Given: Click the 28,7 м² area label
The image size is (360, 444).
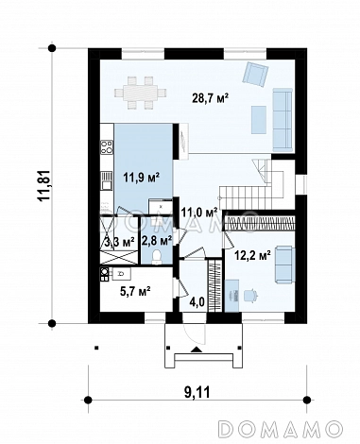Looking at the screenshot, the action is tap(210, 98).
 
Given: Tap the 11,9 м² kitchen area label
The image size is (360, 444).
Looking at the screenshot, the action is tap(141, 178).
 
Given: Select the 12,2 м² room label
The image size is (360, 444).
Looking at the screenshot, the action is tap(253, 255).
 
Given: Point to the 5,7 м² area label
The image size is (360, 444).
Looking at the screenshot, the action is tap(135, 292).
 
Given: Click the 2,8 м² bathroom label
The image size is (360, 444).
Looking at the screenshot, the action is tap(157, 242).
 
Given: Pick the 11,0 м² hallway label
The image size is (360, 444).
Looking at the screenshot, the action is tap(199, 213).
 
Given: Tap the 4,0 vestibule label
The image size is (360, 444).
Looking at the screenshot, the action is tap(197, 302).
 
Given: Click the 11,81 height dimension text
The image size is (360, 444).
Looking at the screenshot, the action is tap(43, 186).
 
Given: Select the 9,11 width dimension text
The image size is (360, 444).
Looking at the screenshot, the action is tap(197, 392).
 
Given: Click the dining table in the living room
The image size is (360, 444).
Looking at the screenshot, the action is tap(140, 93).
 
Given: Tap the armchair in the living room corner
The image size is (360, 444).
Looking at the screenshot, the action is tap(255, 74).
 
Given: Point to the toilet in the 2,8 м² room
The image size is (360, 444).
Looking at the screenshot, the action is tap(156, 257).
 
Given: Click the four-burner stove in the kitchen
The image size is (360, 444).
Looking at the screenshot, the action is tap(107, 147).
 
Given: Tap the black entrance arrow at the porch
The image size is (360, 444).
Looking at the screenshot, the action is tap(197, 350).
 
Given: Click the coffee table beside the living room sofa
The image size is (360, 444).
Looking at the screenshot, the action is tap(259, 119).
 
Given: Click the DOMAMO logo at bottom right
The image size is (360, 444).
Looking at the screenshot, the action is tap(282, 429).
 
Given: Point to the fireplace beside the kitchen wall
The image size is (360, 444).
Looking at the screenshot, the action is tap(183, 141).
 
